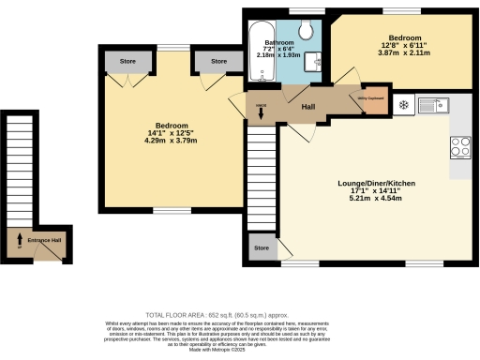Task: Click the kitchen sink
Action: tap(432, 104)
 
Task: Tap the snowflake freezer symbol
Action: tap(403, 104)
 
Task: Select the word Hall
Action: tap(307, 107)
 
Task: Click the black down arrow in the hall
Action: tap(262, 113)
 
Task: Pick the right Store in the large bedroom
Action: tap(218, 62)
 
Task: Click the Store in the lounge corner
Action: tap(262, 249)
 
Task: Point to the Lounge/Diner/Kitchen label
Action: tap(375, 183)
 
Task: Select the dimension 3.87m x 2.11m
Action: tap(400, 53)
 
